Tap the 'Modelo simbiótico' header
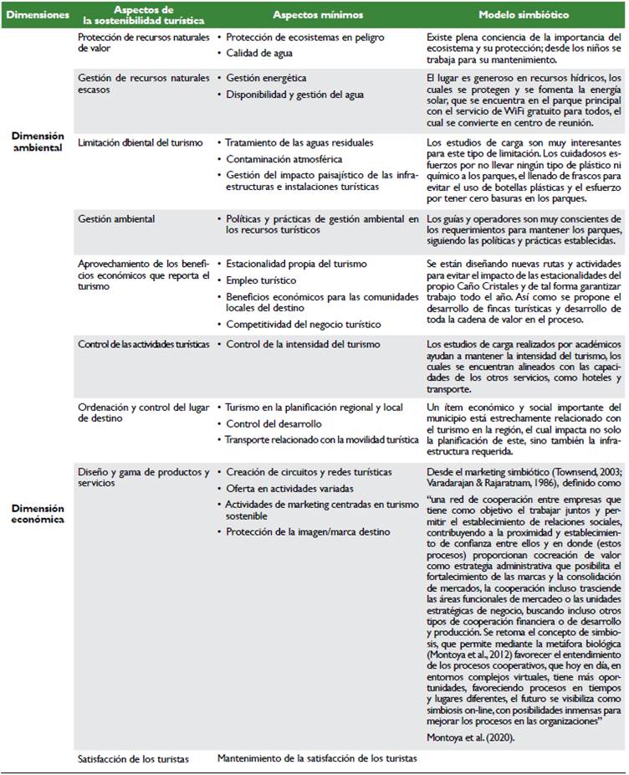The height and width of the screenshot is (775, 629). click(524, 16)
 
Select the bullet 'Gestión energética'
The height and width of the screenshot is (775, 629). click(266, 78)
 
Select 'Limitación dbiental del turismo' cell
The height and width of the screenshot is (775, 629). click(140, 143)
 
